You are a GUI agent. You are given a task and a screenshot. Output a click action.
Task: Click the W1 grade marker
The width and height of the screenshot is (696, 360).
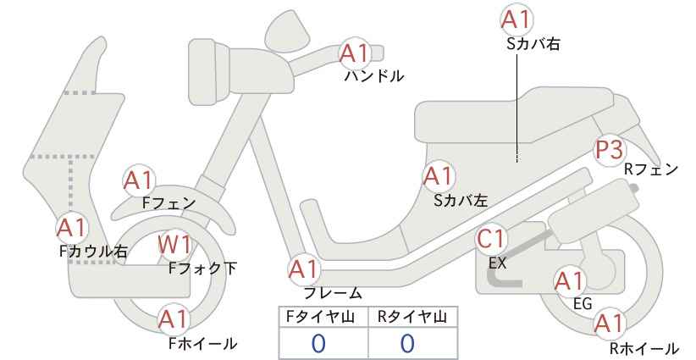pos(175,245)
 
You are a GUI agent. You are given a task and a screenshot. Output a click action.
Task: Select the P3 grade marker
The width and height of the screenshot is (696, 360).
pos(610,150)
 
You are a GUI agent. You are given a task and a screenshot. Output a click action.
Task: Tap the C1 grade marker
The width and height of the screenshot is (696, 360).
pos(491,239)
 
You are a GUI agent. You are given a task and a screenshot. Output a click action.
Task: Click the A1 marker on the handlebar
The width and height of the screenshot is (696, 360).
pos(355,53)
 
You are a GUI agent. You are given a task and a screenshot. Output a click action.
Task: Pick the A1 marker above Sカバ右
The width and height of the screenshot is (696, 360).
pos(516,19)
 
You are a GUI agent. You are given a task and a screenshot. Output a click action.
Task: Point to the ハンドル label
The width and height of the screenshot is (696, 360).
pos(374,76)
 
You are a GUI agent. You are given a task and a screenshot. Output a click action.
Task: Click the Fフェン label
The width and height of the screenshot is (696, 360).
pos(169,202)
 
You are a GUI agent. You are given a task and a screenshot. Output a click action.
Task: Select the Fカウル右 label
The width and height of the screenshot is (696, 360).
pos(94,252)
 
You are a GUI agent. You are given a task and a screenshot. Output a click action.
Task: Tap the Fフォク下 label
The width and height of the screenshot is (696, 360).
pos(203,269)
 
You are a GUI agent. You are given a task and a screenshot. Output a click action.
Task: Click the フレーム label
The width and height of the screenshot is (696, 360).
pos(333,293)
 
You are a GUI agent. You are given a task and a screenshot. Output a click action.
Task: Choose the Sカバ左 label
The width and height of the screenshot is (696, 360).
pos(461,201)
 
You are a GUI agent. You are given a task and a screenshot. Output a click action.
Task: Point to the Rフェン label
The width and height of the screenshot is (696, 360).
pos(651,169)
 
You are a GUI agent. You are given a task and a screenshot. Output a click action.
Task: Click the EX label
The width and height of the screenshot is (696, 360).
pos(497,263)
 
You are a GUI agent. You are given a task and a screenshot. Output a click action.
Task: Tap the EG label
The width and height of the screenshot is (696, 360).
pos(583,303)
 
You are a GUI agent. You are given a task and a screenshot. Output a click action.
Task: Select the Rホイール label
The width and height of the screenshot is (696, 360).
pos(644,348)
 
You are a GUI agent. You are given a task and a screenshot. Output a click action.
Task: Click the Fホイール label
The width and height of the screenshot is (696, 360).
pos(203,343)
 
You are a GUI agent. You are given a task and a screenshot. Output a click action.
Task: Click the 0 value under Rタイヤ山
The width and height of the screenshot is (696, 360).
pos(407,343)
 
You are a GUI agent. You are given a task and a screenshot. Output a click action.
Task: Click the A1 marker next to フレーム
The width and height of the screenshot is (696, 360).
pos(304,270)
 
